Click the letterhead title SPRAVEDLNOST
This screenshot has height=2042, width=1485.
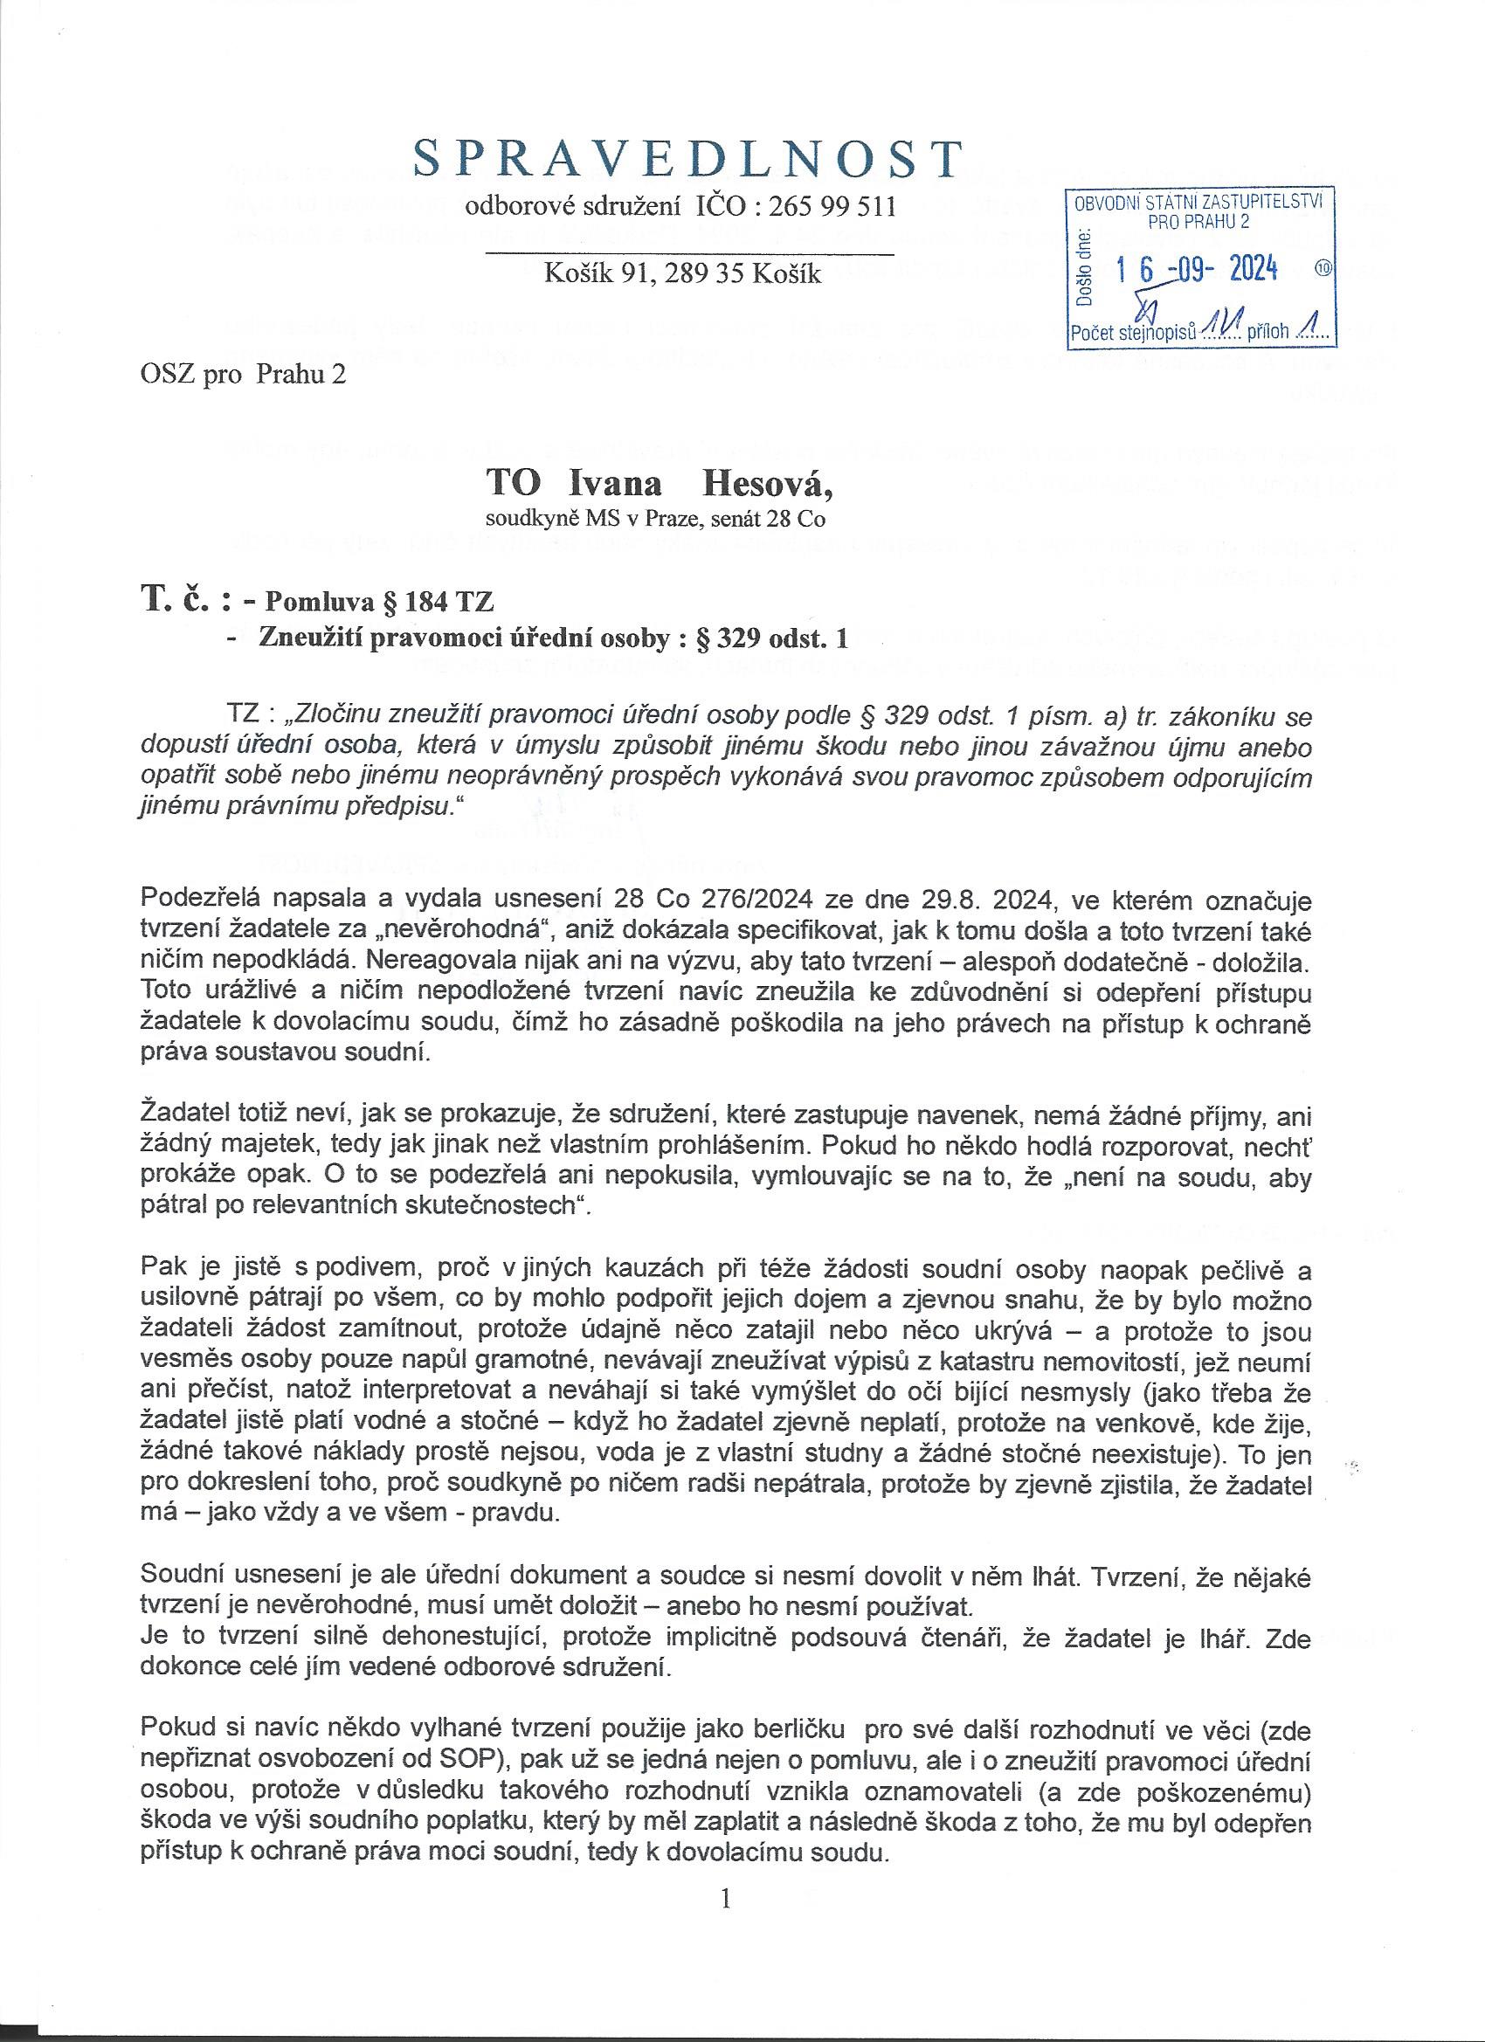pyautogui.click(x=687, y=159)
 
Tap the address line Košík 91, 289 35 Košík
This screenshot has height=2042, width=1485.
pyautogui.click(x=682, y=273)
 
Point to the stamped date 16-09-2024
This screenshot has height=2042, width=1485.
pyautogui.click(x=1197, y=267)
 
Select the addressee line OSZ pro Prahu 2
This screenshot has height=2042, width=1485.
pyautogui.click(x=243, y=375)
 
